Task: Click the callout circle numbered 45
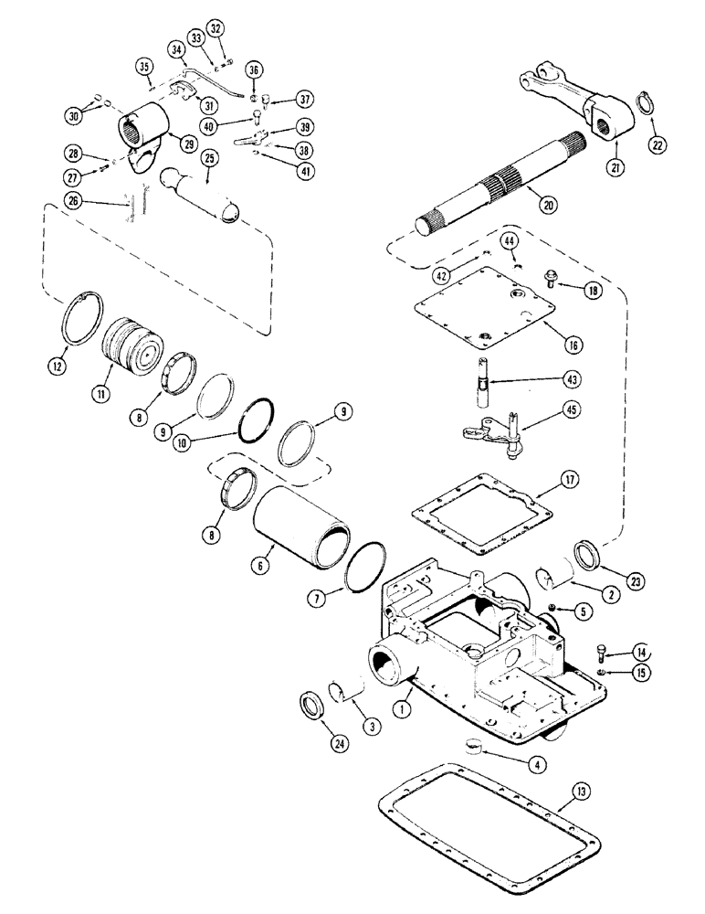tap(549, 424)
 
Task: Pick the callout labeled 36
tap(254, 69)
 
